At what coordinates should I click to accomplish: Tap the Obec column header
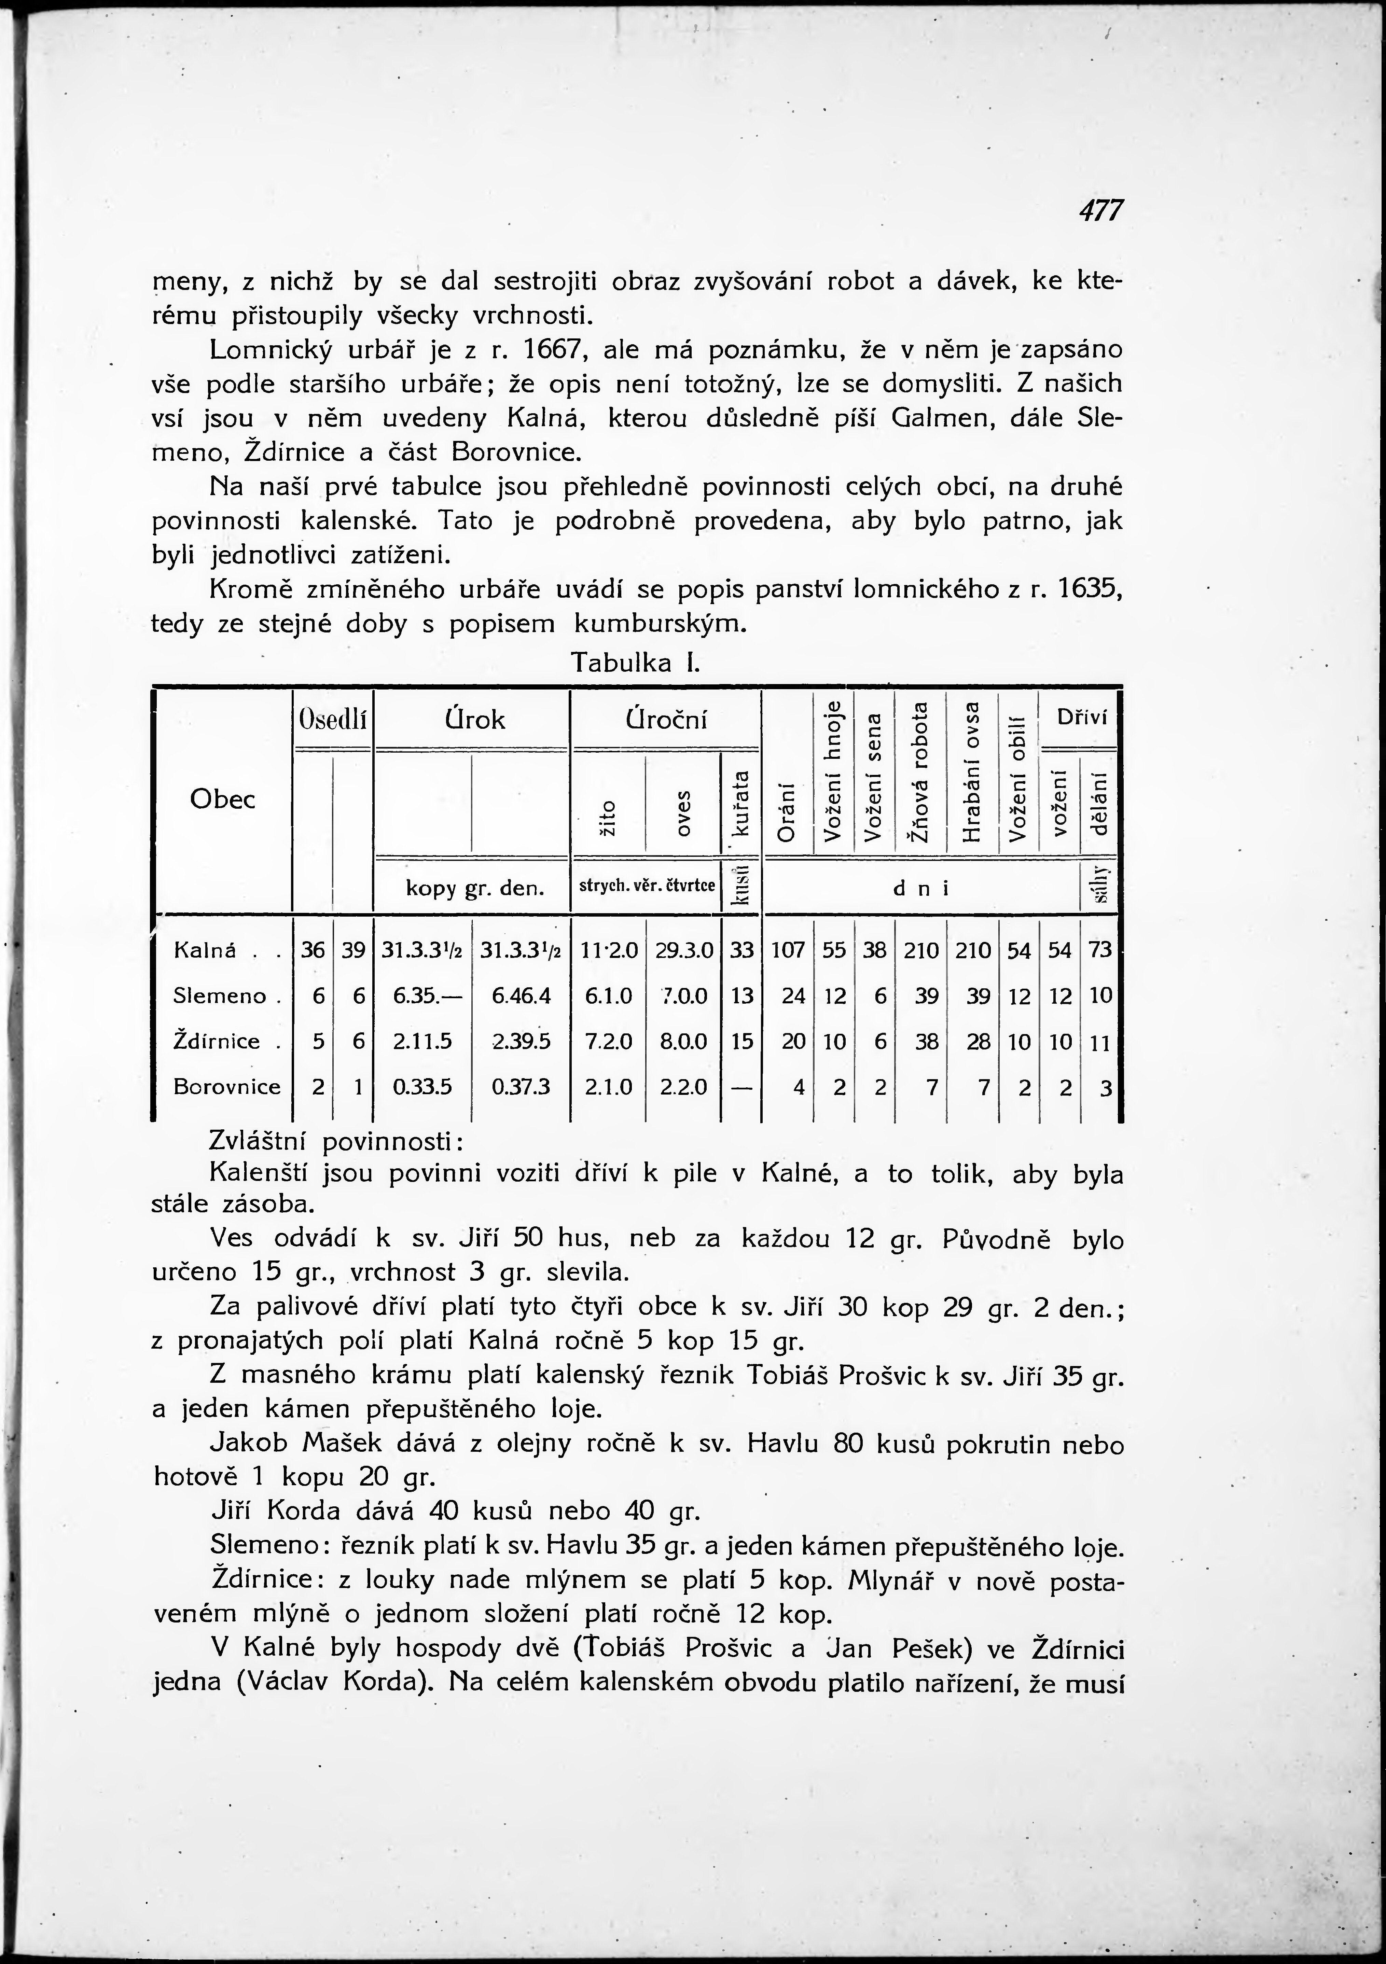[222, 799]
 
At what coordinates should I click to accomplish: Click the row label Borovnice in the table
[227, 1086]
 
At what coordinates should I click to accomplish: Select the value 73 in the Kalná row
[1100, 950]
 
